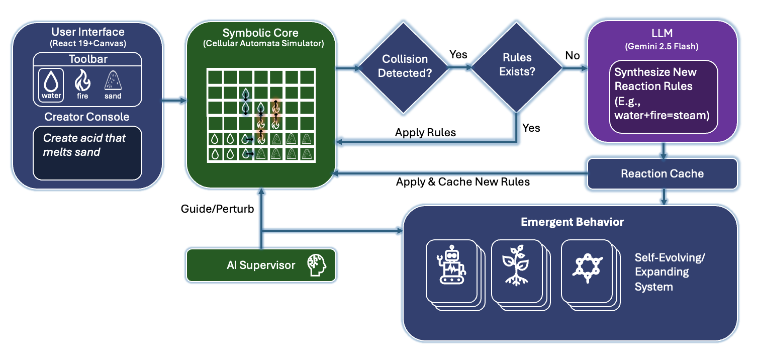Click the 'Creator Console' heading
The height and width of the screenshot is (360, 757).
87,117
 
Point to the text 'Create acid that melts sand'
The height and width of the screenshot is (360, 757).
84,145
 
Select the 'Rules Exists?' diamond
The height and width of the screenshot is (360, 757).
517,65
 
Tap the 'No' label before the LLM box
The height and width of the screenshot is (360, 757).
572,55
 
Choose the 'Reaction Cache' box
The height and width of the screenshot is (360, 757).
662,174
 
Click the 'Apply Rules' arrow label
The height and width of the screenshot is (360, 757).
425,133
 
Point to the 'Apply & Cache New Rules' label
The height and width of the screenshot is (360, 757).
462,182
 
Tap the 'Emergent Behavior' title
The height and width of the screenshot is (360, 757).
572,222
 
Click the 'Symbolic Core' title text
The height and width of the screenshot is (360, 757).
260,33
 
